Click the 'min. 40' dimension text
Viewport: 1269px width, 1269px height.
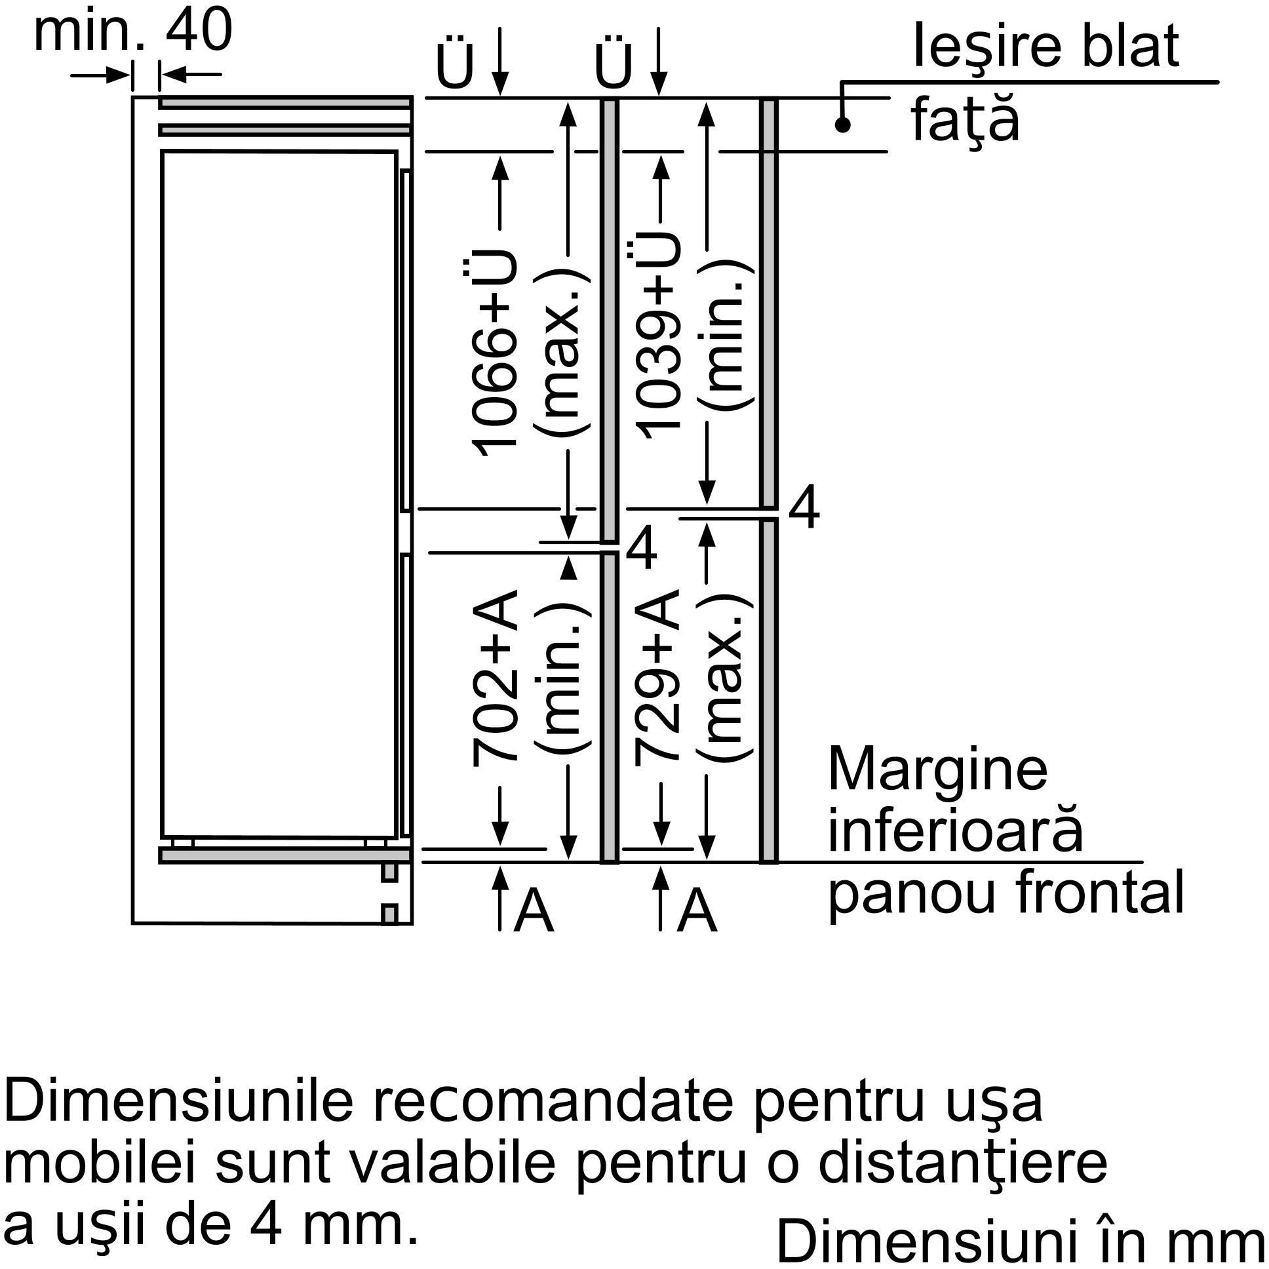(133, 31)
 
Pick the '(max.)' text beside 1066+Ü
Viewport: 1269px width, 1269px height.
(564, 353)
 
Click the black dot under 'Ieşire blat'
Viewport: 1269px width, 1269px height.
(843, 124)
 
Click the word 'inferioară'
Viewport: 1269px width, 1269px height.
(955, 830)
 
